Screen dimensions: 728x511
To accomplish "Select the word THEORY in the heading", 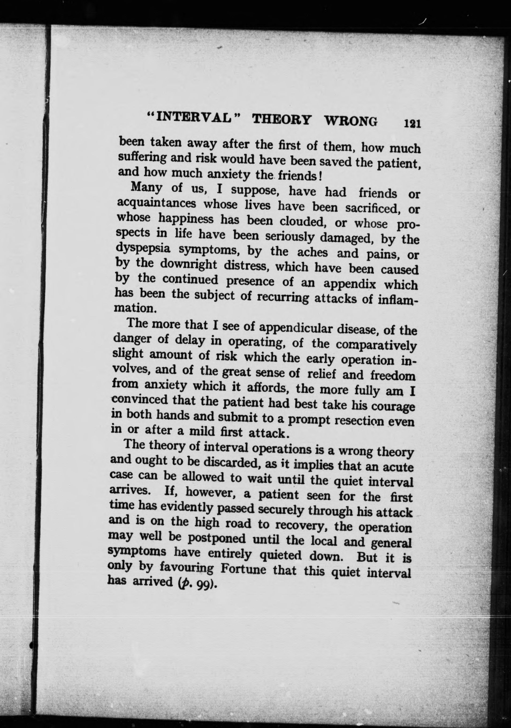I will click(281, 120).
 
